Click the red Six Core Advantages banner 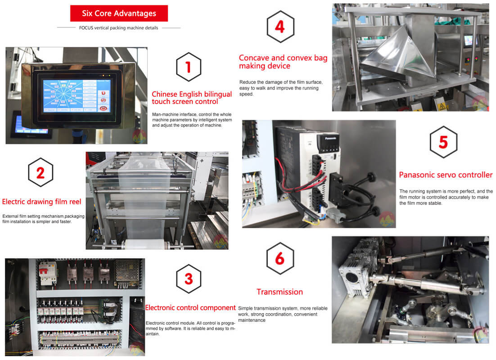tap(119, 13)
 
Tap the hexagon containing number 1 tap(189, 67)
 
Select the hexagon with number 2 tap(41, 172)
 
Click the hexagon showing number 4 tap(280, 27)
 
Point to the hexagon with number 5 tap(443, 142)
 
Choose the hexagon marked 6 tap(280, 258)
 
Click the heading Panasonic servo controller tap(446, 175)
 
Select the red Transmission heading tap(280, 292)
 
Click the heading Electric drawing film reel tap(42, 202)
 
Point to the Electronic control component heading tap(190, 308)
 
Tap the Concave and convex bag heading tap(283, 62)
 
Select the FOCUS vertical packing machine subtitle tap(118, 28)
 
